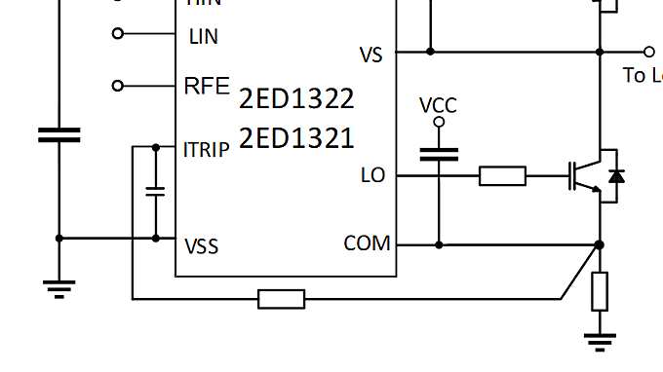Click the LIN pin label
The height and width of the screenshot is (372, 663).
(203, 36)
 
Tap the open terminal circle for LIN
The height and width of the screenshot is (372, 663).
(119, 33)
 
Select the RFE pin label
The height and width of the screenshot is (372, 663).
(207, 86)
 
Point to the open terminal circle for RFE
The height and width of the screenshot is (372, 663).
(119, 86)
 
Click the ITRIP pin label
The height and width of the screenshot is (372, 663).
(207, 150)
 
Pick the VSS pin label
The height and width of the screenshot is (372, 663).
(201, 246)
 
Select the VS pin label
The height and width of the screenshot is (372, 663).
(371, 56)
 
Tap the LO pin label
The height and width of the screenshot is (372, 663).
(372, 175)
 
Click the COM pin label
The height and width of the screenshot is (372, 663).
(368, 243)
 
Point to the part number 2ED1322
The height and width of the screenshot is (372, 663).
(296, 98)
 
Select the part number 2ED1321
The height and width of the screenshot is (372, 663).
(296, 138)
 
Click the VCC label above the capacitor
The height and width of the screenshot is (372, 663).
(438, 105)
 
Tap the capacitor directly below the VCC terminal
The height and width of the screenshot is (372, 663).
(439, 154)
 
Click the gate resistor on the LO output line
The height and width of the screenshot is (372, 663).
(502, 175)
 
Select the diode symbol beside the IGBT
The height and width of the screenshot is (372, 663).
(615, 176)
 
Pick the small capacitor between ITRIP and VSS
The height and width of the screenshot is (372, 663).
(155, 191)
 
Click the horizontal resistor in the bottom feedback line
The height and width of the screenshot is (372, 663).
(281, 299)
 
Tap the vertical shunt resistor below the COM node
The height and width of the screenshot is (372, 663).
(600, 291)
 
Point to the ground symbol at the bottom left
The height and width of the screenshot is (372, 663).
(59, 287)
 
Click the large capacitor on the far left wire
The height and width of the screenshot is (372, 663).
(59, 134)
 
